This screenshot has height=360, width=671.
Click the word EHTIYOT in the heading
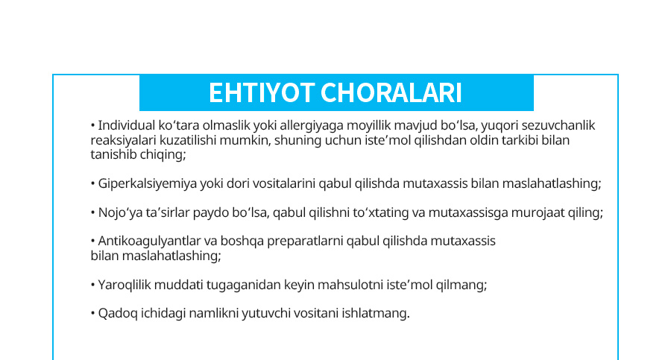tap(262, 93)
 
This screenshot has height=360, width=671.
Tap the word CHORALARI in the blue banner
tap(391, 93)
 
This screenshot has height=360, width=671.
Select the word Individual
tap(127, 125)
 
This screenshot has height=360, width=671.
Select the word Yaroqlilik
tap(125, 285)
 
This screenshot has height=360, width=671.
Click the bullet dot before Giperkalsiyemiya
tap(93, 184)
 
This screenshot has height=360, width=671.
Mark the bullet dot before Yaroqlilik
tap(93, 285)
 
